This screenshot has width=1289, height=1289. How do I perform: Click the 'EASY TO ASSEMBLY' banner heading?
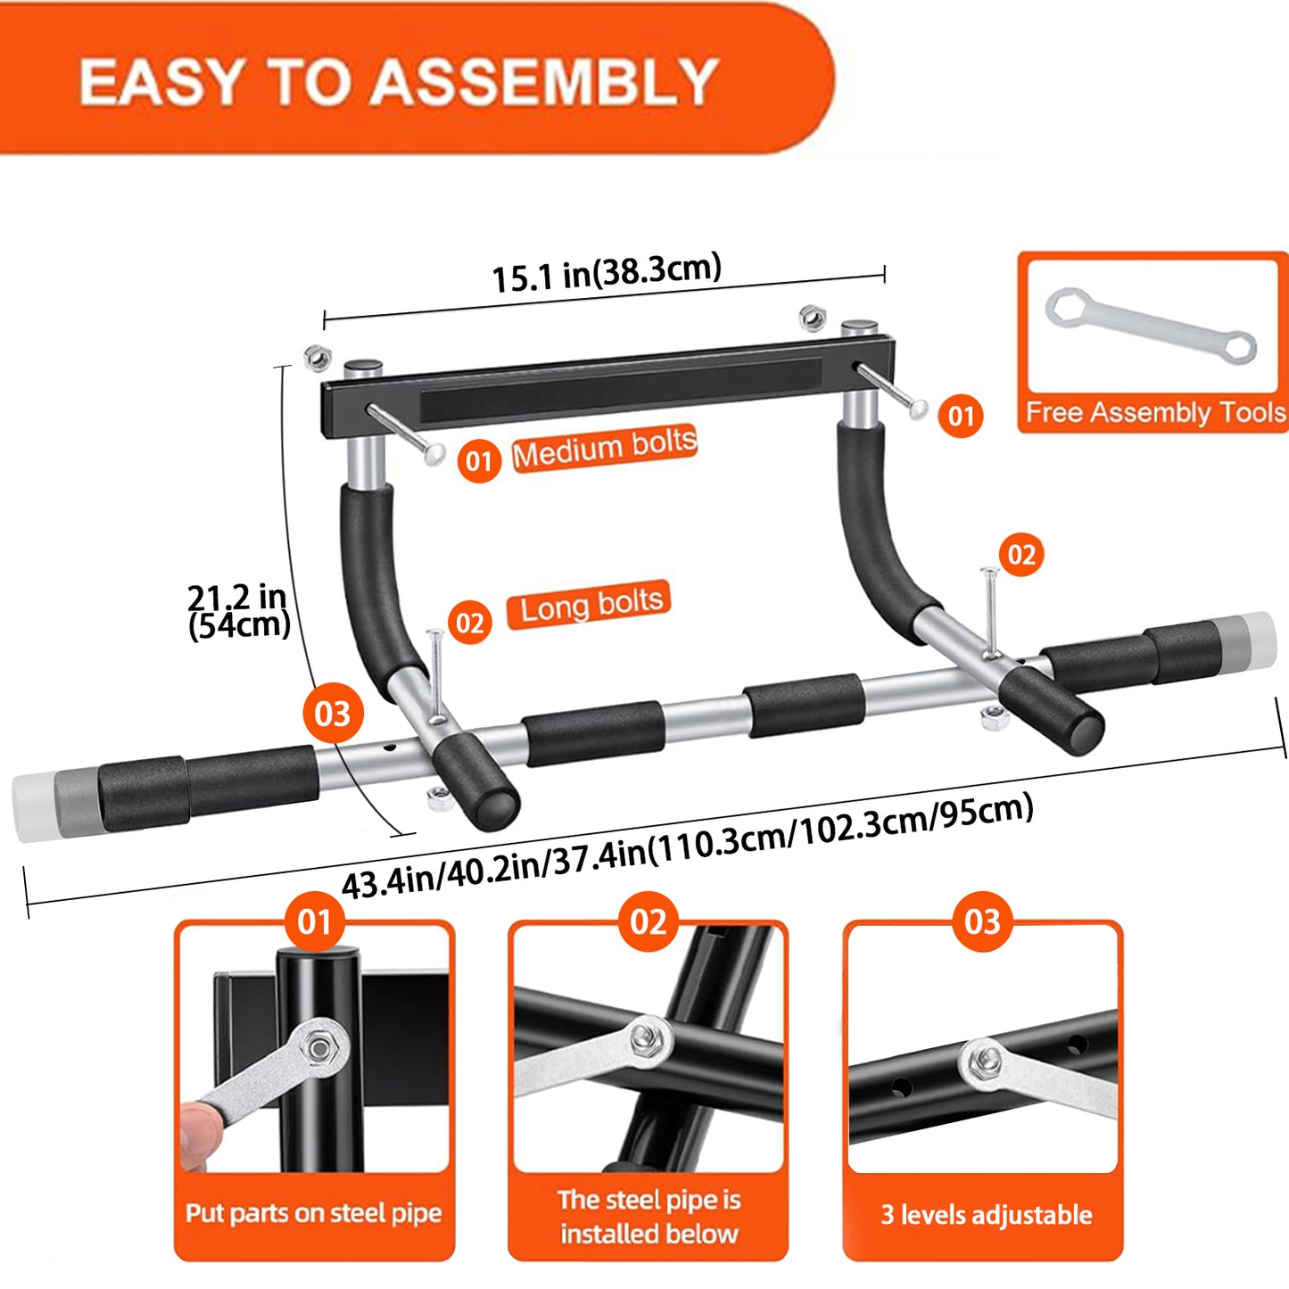tap(399, 82)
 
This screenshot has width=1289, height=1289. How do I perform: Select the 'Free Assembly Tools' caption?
tap(1155, 412)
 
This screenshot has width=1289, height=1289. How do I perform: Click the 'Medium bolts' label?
tap(604, 448)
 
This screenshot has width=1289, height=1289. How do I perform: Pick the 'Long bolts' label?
tap(589, 606)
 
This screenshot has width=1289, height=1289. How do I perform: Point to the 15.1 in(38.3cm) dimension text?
tap(607, 272)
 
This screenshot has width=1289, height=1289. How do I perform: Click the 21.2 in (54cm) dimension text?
tap(238, 611)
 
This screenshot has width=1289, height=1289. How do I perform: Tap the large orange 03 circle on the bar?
tap(333, 714)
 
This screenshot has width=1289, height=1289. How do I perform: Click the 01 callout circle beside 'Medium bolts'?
tap(479, 461)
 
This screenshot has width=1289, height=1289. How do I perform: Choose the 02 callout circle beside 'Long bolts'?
tap(470, 623)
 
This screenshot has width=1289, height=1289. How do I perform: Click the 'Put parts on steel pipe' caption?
tap(314, 1213)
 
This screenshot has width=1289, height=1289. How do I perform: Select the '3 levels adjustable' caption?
tap(986, 1215)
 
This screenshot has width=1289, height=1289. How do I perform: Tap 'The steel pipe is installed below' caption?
tap(649, 1217)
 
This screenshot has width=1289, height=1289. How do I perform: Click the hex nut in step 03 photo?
tap(984, 1061)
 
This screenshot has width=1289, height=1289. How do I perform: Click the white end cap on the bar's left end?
tap(32, 807)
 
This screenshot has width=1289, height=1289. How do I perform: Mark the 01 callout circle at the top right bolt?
tap(961, 416)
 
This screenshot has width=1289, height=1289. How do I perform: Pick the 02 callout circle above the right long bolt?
tap(1021, 555)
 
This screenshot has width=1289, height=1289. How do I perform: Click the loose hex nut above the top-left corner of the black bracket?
tap(317, 358)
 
